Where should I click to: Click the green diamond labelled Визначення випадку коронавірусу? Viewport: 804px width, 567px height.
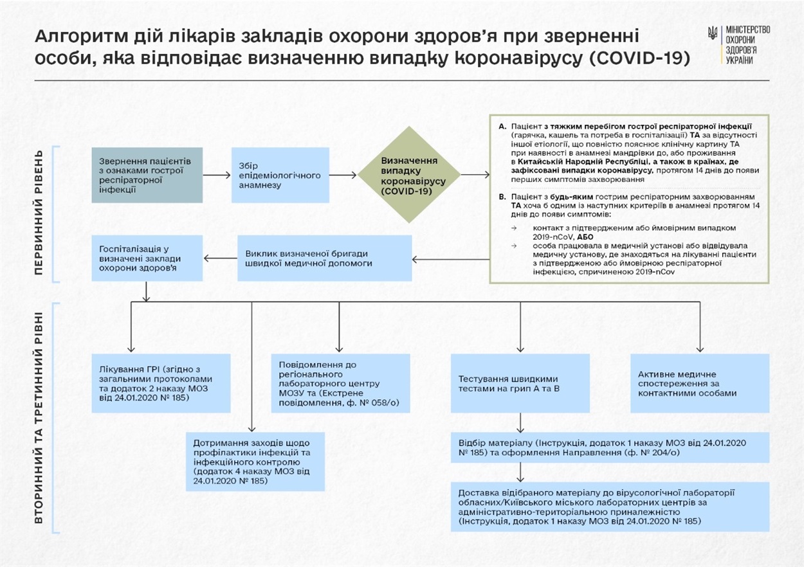(x=409, y=175)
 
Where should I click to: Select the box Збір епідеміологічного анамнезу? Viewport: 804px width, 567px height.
(x=280, y=175)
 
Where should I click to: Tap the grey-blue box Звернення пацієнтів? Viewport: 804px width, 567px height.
(x=147, y=175)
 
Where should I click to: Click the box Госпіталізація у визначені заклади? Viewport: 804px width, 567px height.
(x=147, y=258)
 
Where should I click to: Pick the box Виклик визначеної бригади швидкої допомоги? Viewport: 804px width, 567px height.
(x=324, y=258)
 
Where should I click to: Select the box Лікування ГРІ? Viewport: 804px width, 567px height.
(x=161, y=383)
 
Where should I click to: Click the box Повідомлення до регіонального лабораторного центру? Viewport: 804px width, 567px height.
(x=340, y=383)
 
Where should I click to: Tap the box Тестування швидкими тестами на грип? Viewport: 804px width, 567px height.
(x=520, y=383)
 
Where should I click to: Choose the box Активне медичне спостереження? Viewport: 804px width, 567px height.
(x=700, y=383)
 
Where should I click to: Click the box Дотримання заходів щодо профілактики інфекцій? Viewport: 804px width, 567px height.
(x=255, y=462)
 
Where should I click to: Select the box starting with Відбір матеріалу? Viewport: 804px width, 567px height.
(x=610, y=447)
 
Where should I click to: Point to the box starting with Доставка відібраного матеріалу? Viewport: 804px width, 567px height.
(x=610, y=507)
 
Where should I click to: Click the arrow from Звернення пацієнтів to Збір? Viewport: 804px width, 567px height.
(x=217, y=175)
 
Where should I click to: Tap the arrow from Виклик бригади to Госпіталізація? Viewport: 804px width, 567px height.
(x=221, y=258)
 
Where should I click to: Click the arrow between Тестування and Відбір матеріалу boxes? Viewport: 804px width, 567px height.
(x=520, y=422)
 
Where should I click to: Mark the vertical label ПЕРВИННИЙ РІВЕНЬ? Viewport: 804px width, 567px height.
(x=39, y=213)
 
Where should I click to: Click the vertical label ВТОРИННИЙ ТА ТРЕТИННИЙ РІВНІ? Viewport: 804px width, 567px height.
(x=39, y=417)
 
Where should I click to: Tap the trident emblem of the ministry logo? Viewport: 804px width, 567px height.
(x=713, y=33)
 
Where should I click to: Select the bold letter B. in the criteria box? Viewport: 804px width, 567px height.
(x=502, y=197)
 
